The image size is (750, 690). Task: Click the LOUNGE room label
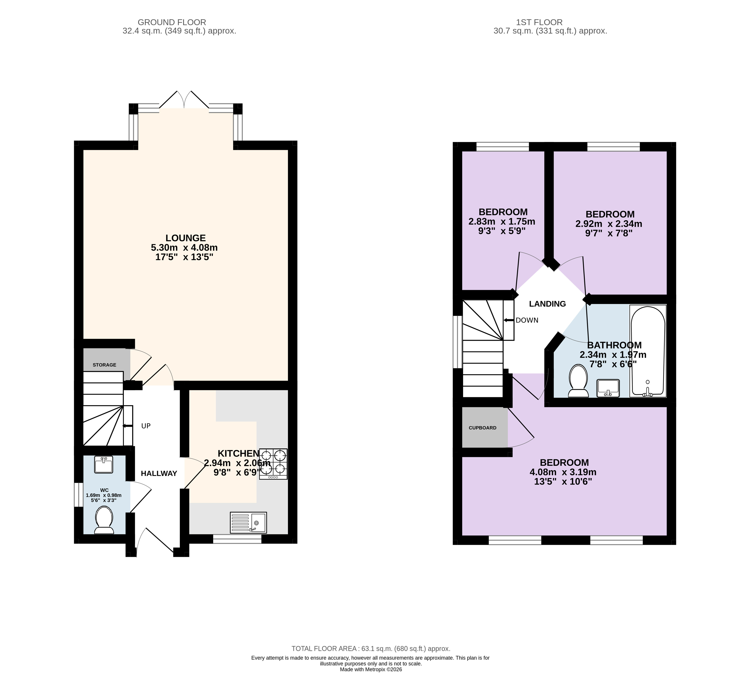pyautogui.click(x=186, y=238)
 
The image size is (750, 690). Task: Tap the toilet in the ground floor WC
pyautogui.click(x=104, y=520)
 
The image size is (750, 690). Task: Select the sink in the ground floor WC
pyautogui.click(x=104, y=465)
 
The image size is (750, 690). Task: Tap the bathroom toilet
pyautogui.click(x=578, y=381)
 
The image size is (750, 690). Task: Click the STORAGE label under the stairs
pyautogui.click(x=105, y=365)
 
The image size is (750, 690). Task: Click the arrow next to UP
pyautogui.click(x=127, y=426)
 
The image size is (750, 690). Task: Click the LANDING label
pyautogui.click(x=547, y=304)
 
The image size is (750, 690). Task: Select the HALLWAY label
pyautogui.click(x=159, y=473)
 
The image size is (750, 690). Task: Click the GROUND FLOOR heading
pyautogui.click(x=172, y=22)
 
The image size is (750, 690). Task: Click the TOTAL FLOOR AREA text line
pyautogui.click(x=371, y=649)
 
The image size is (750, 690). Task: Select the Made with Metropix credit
pyautogui.click(x=371, y=669)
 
